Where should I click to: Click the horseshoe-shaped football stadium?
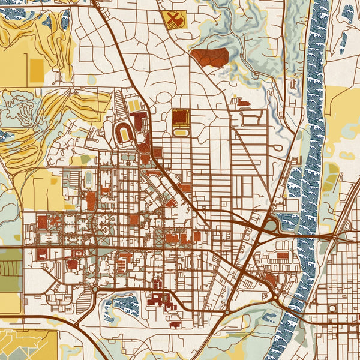point(124,132)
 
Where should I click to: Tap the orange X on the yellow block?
point(174,19)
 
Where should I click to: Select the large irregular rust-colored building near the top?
point(211,58)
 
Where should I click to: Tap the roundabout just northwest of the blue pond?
point(95,290)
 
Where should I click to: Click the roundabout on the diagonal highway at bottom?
point(227,312)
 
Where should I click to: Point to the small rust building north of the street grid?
point(243,103)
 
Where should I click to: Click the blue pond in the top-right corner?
point(347,12)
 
